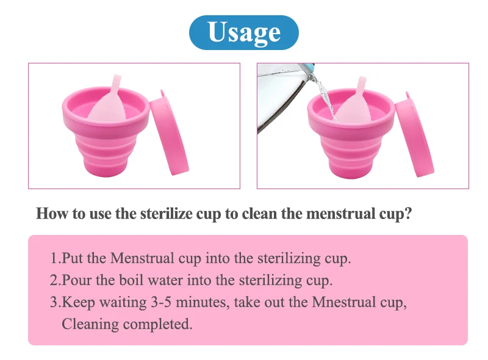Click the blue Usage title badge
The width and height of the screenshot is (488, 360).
point(244,32)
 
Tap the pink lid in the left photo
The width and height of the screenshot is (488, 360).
point(168,136)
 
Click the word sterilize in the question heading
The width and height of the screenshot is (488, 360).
point(166,214)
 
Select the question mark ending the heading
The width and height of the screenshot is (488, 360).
point(408,214)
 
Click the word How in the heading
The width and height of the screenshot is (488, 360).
point(51,214)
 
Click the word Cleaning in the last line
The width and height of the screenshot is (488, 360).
point(90,324)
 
